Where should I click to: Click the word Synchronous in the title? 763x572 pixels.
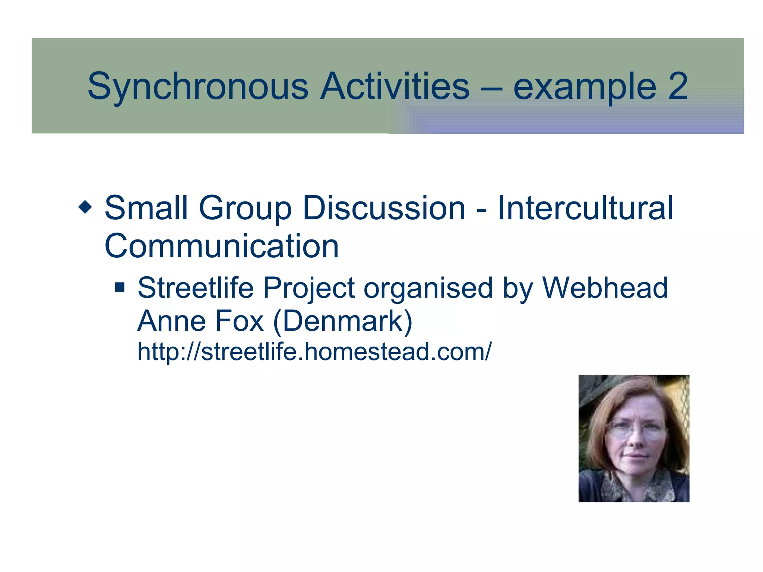click(x=198, y=87)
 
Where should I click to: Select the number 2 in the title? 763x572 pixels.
click(x=678, y=87)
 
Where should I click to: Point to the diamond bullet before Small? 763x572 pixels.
click(x=85, y=207)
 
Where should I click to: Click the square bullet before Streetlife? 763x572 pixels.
click(x=120, y=287)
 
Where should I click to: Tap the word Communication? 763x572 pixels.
click(x=222, y=246)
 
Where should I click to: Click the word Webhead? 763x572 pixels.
click(x=605, y=288)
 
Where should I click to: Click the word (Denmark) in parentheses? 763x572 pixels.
click(x=343, y=321)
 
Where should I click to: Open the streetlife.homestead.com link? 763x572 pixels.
click(x=314, y=352)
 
